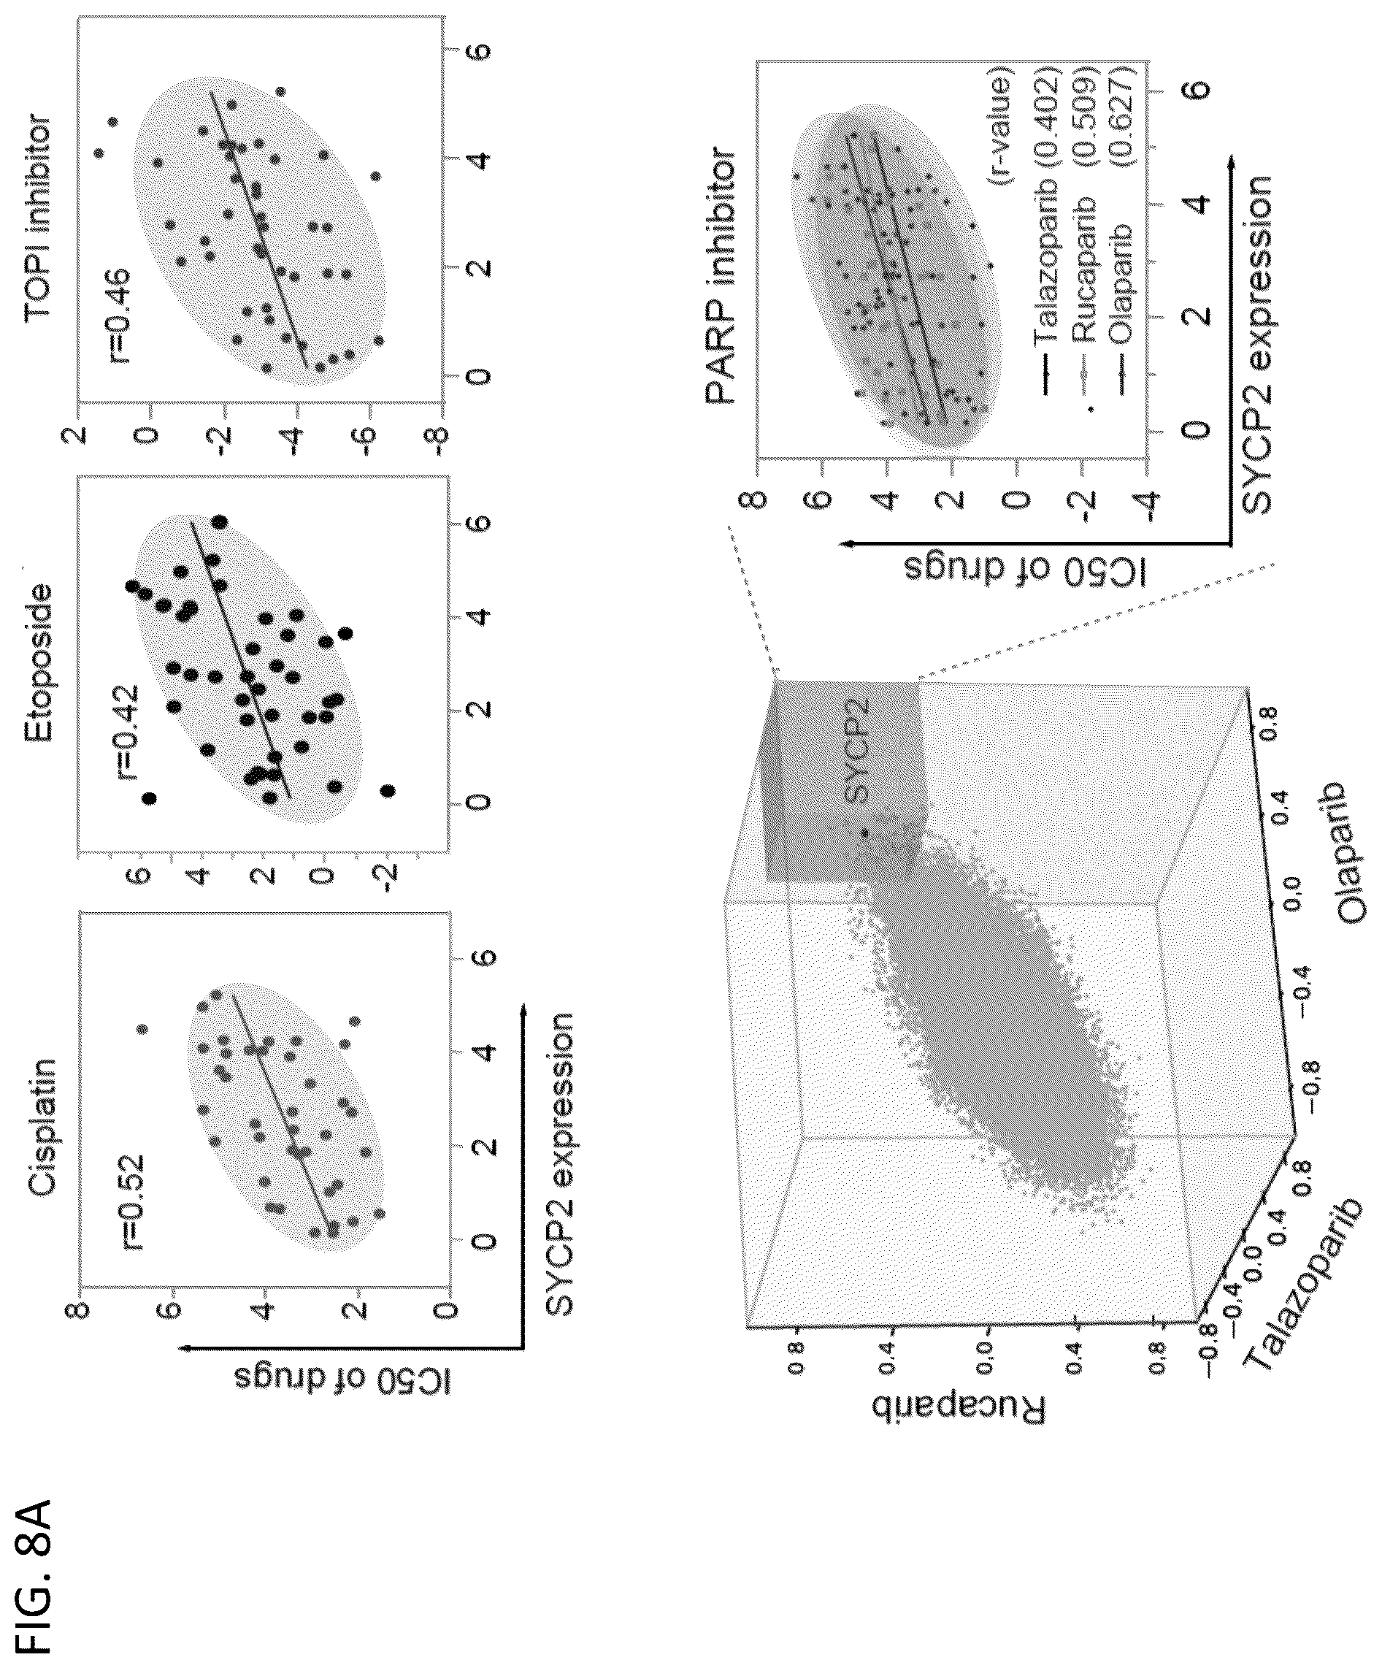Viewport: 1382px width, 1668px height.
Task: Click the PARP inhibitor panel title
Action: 720,274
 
